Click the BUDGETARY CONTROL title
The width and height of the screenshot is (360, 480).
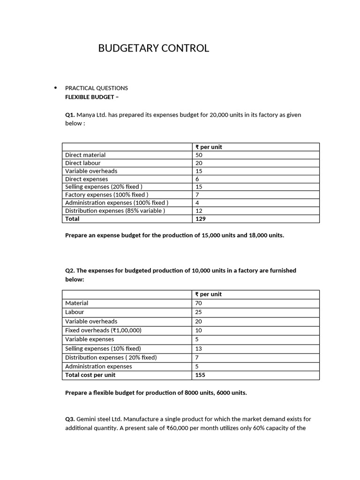[154, 48]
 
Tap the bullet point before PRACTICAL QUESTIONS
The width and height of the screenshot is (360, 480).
[55, 88]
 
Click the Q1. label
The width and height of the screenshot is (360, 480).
[70, 115]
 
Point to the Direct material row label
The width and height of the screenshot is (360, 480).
[85, 155]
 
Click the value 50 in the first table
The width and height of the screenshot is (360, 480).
[199, 155]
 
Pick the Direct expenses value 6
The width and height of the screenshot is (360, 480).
[197, 179]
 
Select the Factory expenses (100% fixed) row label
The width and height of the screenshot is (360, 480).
[107, 195]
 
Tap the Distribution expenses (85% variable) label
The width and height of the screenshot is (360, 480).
[115, 210]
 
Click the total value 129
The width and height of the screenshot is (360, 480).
[201, 218]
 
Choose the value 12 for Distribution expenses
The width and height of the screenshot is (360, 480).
[199, 210]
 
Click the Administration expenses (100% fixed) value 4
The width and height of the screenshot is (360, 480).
[197, 202]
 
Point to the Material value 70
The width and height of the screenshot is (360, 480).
[199, 303]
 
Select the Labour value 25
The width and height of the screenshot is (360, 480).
[199, 312]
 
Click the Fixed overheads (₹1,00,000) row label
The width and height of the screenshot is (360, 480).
[103, 330]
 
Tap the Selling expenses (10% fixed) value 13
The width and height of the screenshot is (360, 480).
[199, 348]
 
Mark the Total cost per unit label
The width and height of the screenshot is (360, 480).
[90, 375]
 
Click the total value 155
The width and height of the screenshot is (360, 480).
[201, 375]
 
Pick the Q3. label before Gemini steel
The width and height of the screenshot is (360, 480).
[70, 419]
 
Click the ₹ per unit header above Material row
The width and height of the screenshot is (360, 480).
[209, 294]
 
